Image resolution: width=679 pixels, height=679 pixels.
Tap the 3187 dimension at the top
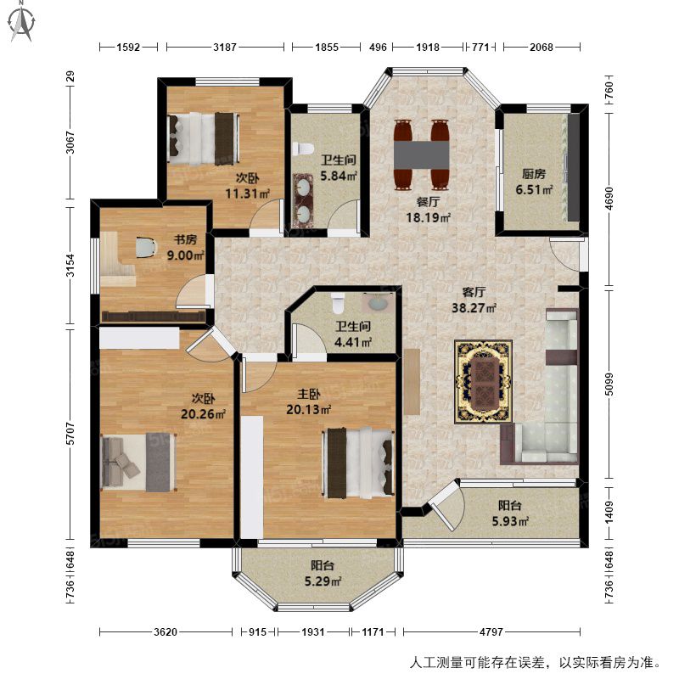pyautogui.click(x=225, y=47)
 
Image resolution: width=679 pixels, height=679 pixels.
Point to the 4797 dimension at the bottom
pyautogui.click(x=491, y=631)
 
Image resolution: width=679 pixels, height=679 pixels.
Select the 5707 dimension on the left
pyautogui.click(x=70, y=433)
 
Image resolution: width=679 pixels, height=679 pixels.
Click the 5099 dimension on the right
pyautogui.click(x=609, y=384)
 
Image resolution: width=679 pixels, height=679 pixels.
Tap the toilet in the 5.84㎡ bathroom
pyautogui.click(x=303, y=149)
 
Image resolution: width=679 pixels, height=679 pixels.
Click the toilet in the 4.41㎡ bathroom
pyautogui.click(x=338, y=303)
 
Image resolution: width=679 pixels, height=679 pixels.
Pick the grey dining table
pyautogui.click(x=421, y=155)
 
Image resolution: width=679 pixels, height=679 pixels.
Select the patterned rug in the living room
pyautogui.click(x=483, y=381)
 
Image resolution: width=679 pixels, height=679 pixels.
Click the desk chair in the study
pyautogui.click(x=145, y=247)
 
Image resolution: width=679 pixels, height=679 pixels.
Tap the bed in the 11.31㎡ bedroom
pyautogui.click(x=204, y=139)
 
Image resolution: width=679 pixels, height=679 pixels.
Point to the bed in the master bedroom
pyautogui.click(x=358, y=463)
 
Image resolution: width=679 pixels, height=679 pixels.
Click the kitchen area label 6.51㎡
pyautogui.click(x=534, y=189)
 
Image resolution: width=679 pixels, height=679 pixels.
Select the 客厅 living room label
pyautogui.click(x=474, y=292)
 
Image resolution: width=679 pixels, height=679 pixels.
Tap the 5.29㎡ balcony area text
pyautogui.click(x=323, y=581)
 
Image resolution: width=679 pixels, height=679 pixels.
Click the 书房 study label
pyautogui.click(x=185, y=239)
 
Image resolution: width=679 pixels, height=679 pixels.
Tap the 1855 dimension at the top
pyautogui.click(x=327, y=47)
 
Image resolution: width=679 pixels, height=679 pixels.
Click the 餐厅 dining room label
pyautogui.click(x=429, y=202)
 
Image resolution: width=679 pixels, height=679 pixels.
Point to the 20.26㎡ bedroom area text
pyautogui.click(x=203, y=414)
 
